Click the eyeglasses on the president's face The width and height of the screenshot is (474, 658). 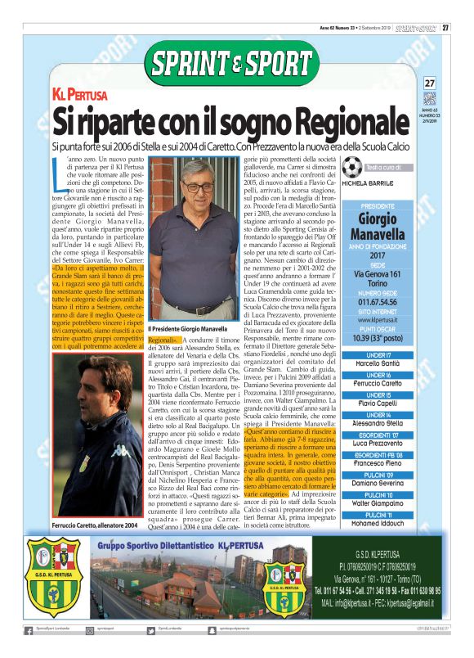196,187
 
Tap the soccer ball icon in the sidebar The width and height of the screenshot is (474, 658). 352,167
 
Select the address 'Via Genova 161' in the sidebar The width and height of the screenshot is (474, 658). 382,274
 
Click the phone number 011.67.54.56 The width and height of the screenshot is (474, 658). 382,303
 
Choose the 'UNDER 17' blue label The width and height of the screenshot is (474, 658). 382,354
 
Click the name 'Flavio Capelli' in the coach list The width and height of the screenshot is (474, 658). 382,403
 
